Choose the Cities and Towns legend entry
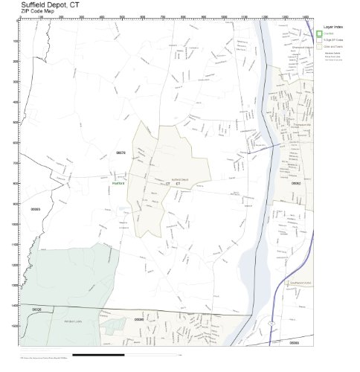[332, 45]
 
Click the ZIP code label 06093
[35, 210]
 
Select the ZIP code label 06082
[295, 182]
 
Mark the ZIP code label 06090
[138, 319]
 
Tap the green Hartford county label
[117, 182]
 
